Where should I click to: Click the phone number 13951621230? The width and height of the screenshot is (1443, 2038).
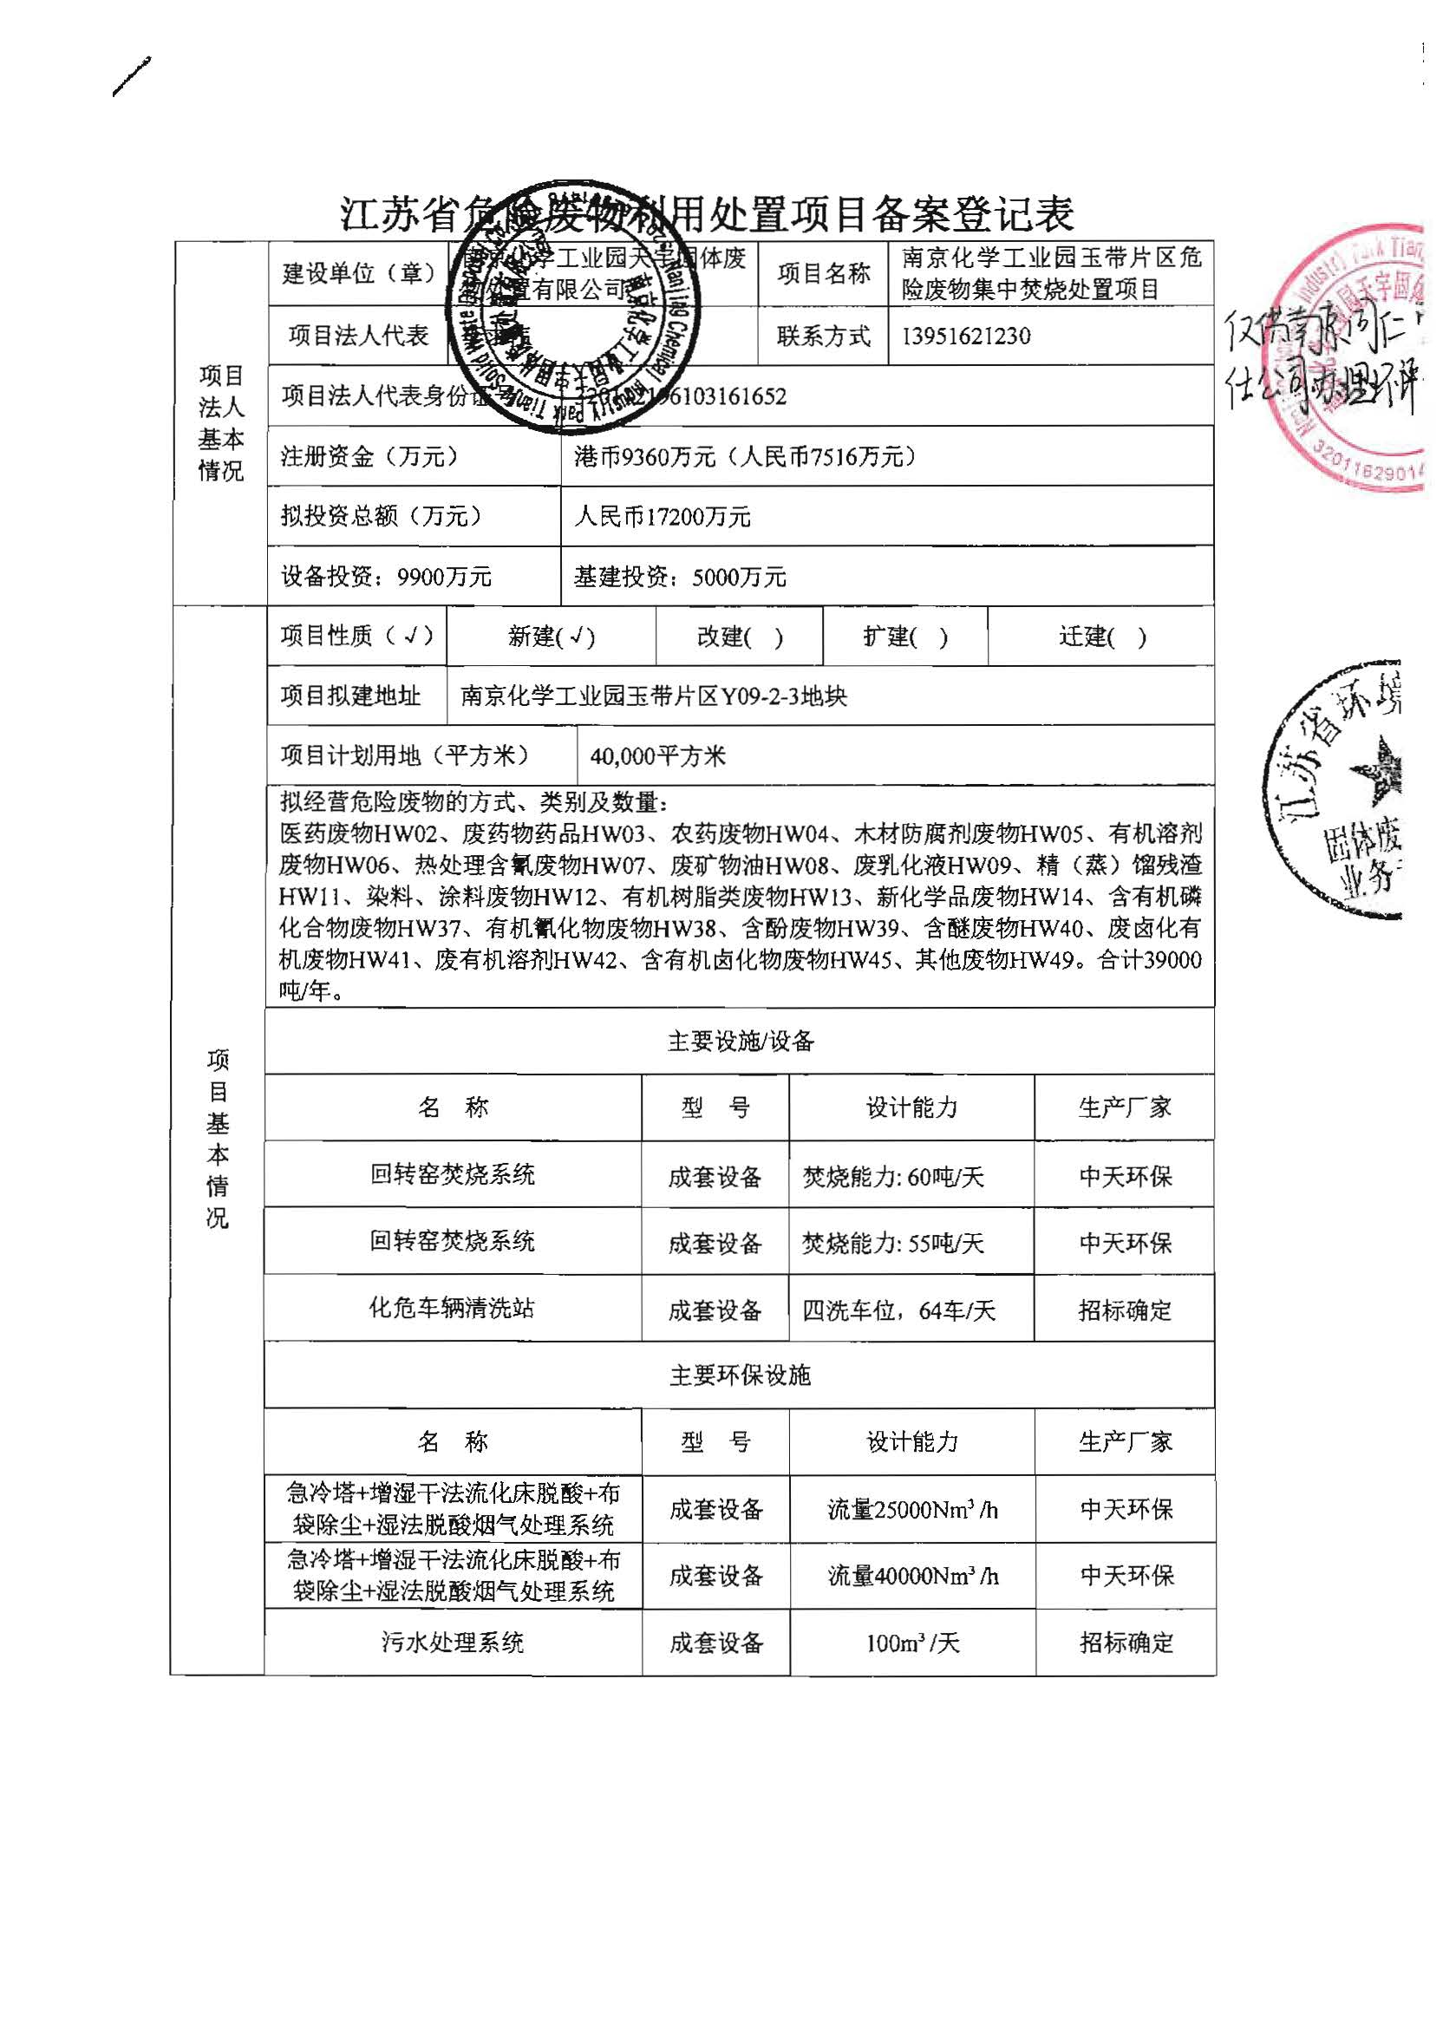[x=966, y=336]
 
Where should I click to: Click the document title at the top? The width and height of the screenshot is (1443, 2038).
[x=708, y=213]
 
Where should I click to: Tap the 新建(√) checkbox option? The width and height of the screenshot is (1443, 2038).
[x=551, y=636]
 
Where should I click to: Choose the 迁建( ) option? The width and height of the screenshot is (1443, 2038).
[x=1102, y=636]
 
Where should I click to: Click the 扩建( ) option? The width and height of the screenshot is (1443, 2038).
[x=905, y=636]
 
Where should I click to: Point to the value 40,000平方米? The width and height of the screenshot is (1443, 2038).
[x=657, y=756]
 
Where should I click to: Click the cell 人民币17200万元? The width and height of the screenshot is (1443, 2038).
[x=662, y=516]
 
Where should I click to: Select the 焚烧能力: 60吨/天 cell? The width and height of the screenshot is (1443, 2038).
[x=893, y=1177]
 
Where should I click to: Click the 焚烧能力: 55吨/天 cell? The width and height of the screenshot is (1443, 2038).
[x=893, y=1243]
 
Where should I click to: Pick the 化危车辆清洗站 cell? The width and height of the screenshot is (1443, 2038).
[x=452, y=1308]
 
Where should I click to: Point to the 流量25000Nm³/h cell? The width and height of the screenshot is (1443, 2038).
[x=912, y=1509]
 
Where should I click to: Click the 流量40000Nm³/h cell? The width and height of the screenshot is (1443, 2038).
[x=912, y=1576]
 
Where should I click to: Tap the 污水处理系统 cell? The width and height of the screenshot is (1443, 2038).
[x=453, y=1643]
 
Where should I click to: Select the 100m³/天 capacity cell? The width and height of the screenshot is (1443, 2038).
[x=912, y=1643]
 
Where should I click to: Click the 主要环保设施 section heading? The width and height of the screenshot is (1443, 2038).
[x=739, y=1375]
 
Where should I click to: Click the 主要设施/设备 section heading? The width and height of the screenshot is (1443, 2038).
[x=739, y=1041]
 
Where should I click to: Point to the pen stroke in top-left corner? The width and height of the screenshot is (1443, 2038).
[x=132, y=76]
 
